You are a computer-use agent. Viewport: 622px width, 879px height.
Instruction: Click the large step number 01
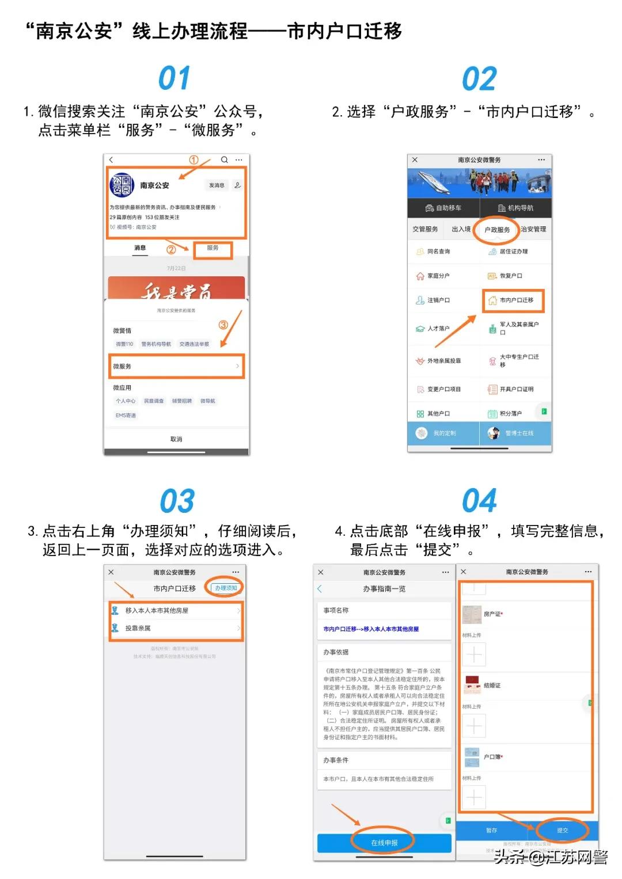(174, 78)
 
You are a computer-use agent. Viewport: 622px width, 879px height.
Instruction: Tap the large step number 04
(479, 500)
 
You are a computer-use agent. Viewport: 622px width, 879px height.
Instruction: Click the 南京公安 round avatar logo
(122, 185)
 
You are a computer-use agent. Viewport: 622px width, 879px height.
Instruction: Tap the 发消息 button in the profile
(217, 185)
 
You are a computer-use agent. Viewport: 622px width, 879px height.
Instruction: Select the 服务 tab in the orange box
(213, 249)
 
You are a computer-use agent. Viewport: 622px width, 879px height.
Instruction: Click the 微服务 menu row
(176, 366)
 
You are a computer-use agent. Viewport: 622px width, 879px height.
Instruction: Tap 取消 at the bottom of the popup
(176, 439)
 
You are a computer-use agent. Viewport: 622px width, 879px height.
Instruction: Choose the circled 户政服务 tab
(496, 230)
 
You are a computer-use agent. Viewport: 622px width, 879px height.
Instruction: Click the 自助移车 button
(443, 208)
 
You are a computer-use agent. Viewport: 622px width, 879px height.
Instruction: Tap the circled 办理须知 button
(226, 588)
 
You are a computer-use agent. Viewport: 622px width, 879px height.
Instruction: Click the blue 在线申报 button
(384, 843)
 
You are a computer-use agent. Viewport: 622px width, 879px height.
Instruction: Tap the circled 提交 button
(562, 830)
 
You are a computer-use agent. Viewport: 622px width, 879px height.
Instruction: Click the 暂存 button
(491, 830)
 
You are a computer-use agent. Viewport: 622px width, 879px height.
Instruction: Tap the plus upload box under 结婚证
(474, 726)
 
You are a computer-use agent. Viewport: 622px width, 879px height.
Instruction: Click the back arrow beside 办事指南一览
(320, 589)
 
